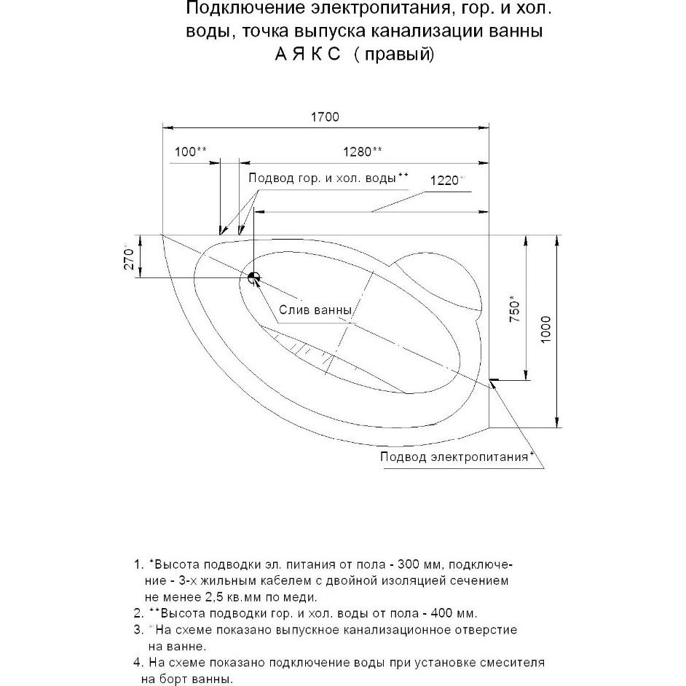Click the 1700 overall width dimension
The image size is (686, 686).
point(324,117)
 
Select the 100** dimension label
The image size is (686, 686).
point(192,151)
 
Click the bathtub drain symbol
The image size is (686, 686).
point(253,277)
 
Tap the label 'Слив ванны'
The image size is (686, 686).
point(315,310)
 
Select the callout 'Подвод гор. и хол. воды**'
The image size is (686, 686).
point(328,178)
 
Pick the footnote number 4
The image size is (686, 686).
point(138,663)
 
